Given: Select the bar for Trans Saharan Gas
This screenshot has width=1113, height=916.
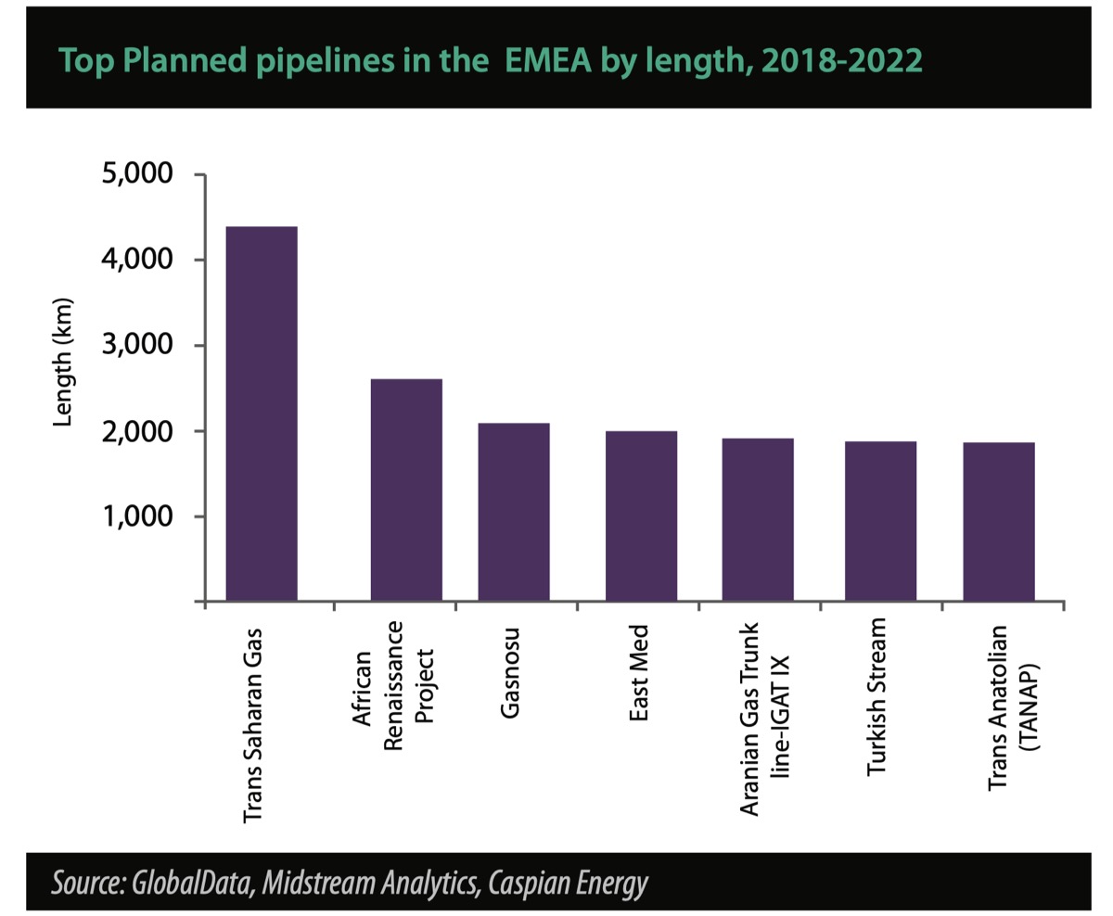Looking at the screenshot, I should tap(262, 414).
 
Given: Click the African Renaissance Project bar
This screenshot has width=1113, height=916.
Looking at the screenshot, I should tap(406, 490).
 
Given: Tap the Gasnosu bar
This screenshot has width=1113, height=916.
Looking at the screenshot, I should tap(514, 513).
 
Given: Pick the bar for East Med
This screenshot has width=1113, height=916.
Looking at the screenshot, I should tap(641, 516).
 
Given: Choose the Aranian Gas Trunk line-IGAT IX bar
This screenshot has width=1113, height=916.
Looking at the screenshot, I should tap(758, 520).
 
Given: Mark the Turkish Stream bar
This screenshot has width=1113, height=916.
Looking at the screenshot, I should tap(880, 522).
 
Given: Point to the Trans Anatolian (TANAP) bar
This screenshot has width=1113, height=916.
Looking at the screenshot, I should tap(999, 522).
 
